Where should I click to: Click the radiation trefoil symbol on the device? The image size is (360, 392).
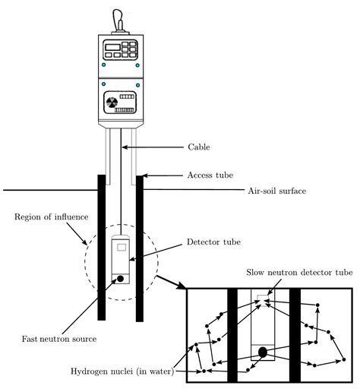pos(110,101)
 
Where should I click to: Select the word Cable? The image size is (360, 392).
pos(200,147)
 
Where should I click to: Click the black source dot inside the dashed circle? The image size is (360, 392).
pos(121,280)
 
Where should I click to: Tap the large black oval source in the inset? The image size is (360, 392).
pos(263,352)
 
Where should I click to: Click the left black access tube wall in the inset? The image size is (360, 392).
pos(233,334)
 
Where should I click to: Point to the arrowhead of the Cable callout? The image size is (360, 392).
pos(125,147)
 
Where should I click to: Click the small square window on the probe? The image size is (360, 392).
pos(122,246)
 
